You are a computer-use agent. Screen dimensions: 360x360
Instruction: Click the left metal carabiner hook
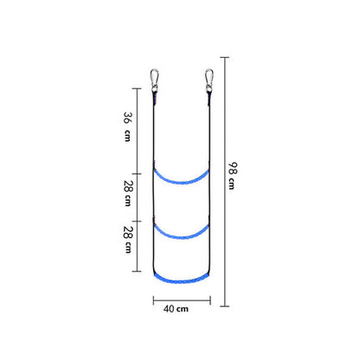coord(155,80)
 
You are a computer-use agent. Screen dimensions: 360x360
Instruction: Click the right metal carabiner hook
coord(209,80)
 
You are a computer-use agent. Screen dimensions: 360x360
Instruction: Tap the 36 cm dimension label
coord(127,126)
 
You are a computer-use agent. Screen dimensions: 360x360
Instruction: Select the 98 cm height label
coord(233,176)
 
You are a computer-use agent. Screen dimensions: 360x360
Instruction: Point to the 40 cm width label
coord(176,309)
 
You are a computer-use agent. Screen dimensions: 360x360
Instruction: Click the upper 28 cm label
coord(128,193)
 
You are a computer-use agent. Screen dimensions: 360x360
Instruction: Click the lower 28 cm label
coord(128,240)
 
